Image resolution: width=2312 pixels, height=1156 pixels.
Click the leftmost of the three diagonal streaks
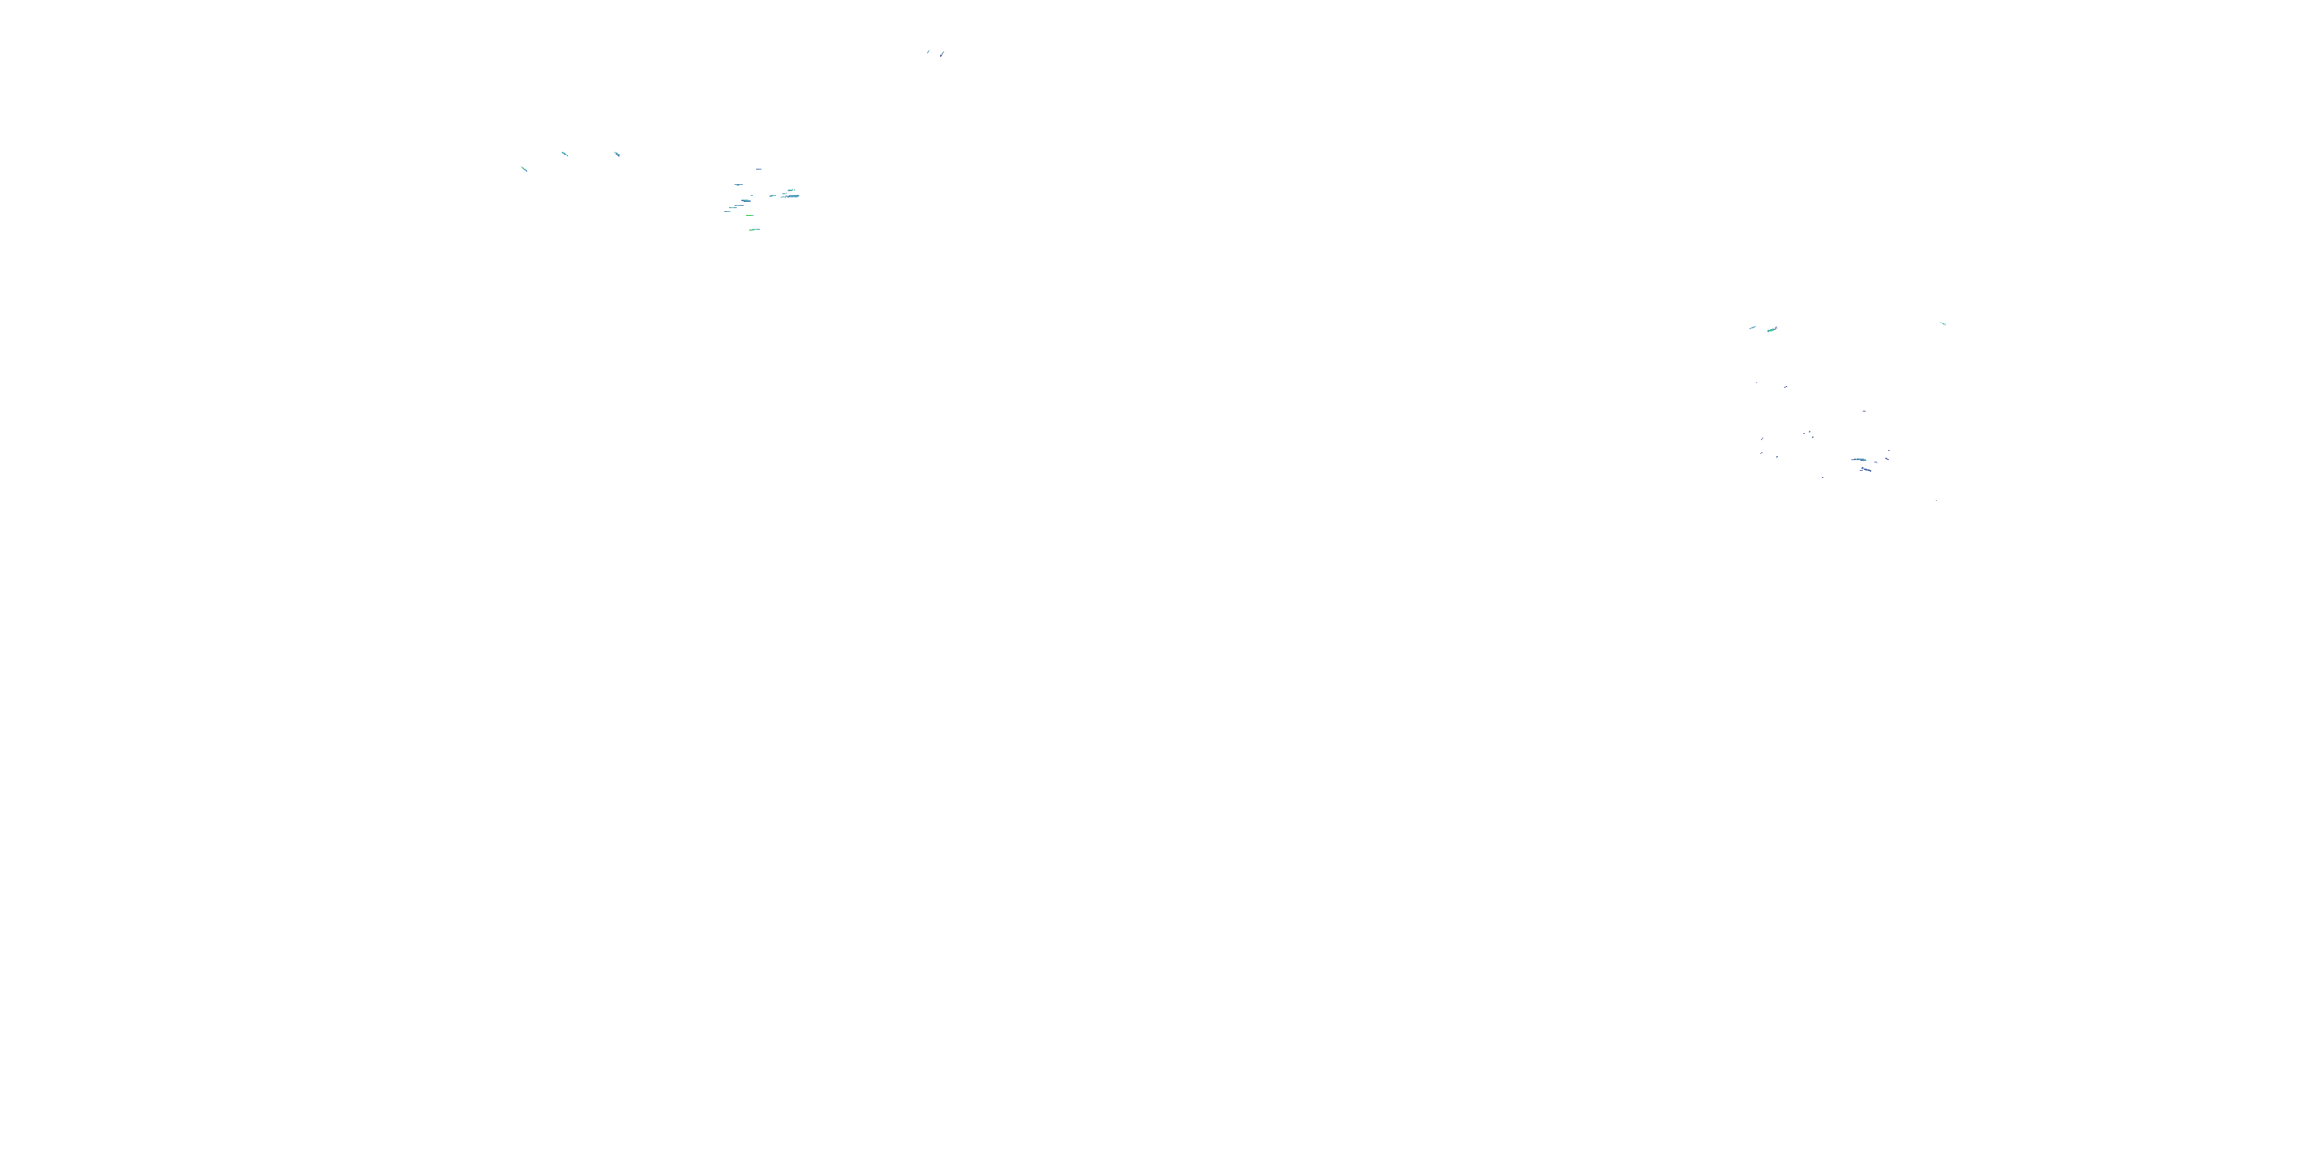tap(524, 168)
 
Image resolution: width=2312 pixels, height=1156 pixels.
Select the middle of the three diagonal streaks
tap(565, 153)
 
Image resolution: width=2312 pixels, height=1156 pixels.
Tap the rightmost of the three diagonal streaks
tap(617, 153)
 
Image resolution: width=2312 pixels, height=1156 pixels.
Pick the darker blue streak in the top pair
tap(928, 52)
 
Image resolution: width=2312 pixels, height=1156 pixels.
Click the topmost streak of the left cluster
tap(758, 169)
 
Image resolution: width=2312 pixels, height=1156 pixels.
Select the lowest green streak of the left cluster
tap(754, 230)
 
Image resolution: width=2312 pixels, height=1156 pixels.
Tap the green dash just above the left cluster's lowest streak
tap(749, 216)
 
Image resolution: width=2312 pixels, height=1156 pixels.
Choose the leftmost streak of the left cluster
tap(727, 212)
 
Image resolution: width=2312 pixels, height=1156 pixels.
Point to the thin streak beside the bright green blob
tap(1752, 328)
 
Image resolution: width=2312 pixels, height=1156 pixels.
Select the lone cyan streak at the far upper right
tap(1943, 323)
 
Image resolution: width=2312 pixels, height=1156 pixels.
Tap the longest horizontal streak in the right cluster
tap(1858, 459)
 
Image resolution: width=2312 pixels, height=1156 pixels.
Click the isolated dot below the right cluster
tap(1936, 500)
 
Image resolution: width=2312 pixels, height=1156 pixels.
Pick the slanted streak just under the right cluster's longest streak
tap(1865, 469)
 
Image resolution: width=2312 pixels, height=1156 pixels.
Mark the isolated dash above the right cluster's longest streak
tap(1864, 411)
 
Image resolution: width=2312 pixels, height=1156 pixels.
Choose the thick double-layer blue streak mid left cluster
tap(745, 201)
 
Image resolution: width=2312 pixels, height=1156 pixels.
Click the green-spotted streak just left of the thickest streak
tap(772, 195)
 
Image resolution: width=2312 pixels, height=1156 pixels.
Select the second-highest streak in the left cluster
tap(738, 184)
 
